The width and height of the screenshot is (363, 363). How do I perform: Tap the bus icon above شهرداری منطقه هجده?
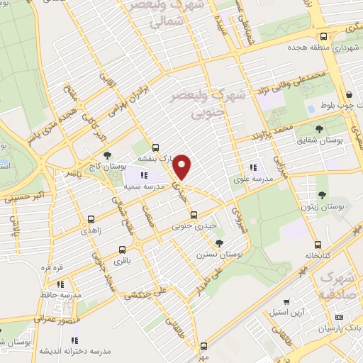point(323,36)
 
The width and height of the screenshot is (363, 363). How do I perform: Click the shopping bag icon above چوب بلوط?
point(349,96)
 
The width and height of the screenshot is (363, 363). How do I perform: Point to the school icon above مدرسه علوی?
point(253,167)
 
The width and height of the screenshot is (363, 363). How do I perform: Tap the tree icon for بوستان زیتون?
point(323,194)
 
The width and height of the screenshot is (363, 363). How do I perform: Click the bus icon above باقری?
point(123,249)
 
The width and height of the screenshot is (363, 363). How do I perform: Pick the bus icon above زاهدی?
point(91,218)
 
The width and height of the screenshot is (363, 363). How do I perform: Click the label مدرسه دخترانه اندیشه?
point(65,352)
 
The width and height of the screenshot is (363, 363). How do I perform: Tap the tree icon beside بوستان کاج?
point(107,155)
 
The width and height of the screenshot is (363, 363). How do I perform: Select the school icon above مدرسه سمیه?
point(145,174)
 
